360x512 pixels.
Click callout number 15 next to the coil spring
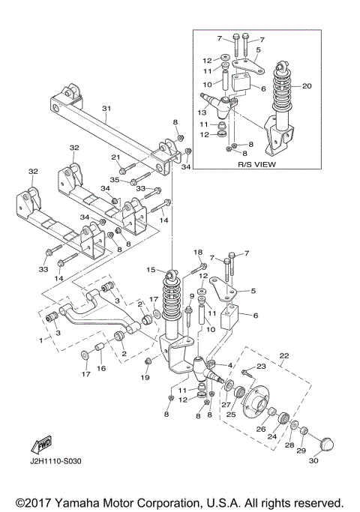(x=151, y=270)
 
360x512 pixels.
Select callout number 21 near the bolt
(x=115, y=157)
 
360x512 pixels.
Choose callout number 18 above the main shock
(x=199, y=252)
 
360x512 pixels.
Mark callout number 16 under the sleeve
(x=102, y=368)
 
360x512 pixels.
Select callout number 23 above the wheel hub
(x=261, y=367)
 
